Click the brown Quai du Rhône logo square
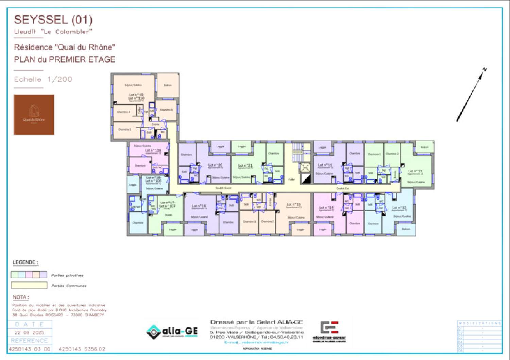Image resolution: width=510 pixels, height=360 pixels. [x=34, y=115]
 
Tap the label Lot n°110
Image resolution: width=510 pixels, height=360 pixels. [x=136, y=98]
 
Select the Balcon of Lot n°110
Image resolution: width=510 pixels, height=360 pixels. [x=168, y=85]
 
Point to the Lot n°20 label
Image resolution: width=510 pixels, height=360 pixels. [x=215, y=165]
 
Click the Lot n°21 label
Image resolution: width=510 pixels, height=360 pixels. [x=245, y=165]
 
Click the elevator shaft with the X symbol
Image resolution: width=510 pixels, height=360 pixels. [x=305, y=167]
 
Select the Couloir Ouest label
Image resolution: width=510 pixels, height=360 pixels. [x=223, y=188]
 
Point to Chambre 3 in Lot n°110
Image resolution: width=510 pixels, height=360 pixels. [x=124, y=112]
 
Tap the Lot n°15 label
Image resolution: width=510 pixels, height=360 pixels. [x=294, y=205]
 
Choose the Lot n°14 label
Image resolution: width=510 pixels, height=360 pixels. [x=326, y=207]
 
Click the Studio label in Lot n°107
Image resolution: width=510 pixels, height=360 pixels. [x=168, y=215]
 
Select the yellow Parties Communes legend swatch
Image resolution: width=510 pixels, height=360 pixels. [x=29, y=285]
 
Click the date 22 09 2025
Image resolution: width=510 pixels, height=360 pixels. [x=29, y=332]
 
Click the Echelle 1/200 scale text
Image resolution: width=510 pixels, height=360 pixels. [x=43, y=79]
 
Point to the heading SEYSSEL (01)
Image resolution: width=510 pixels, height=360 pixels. [x=53, y=20]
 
